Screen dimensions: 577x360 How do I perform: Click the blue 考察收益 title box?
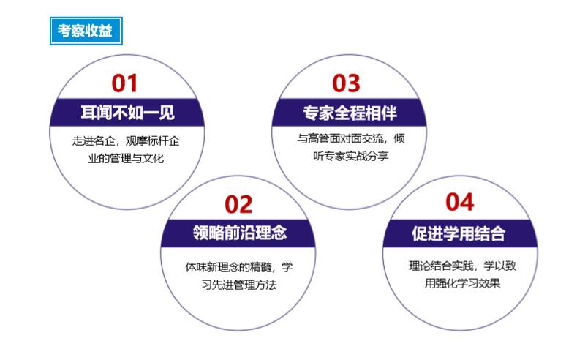[86, 31]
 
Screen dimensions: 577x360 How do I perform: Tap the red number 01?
[124, 83]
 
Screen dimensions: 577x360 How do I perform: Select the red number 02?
[238, 205]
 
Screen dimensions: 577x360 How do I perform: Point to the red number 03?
[346, 83]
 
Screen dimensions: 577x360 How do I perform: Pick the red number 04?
[459, 203]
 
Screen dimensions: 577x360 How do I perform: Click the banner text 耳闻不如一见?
[128, 112]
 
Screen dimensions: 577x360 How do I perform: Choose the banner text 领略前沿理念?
[240, 233]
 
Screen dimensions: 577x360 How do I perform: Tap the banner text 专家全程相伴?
[350, 113]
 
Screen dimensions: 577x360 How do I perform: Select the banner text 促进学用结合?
[458, 233]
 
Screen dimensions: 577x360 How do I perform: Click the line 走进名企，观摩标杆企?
[126, 141]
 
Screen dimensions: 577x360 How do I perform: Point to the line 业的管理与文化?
[126, 159]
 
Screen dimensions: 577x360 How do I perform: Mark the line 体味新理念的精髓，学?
[239, 267]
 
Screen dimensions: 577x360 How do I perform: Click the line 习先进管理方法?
[239, 285]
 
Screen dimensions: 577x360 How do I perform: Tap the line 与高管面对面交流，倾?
[351, 139]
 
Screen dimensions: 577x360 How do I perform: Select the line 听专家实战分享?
[351, 157]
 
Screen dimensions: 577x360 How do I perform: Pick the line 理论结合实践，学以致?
[463, 266]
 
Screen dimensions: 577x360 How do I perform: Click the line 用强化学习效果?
[463, 283]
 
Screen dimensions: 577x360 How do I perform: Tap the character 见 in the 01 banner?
[167, 112]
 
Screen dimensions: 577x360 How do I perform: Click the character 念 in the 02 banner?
[279, 233]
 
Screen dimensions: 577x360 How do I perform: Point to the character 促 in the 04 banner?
[419, 233]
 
